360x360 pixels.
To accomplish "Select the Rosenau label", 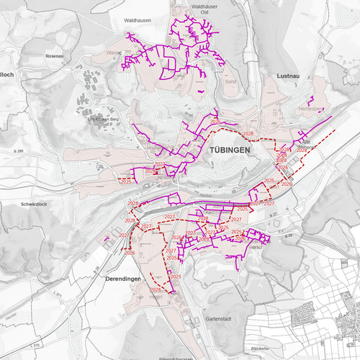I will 55,55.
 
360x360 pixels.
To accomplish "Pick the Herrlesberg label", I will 310,109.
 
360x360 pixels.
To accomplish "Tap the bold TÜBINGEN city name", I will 231,150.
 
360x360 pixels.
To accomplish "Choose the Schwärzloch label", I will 34,204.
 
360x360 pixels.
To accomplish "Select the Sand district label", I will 231,81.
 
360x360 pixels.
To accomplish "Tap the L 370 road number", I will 35,346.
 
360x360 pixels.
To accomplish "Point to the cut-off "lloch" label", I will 6,74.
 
